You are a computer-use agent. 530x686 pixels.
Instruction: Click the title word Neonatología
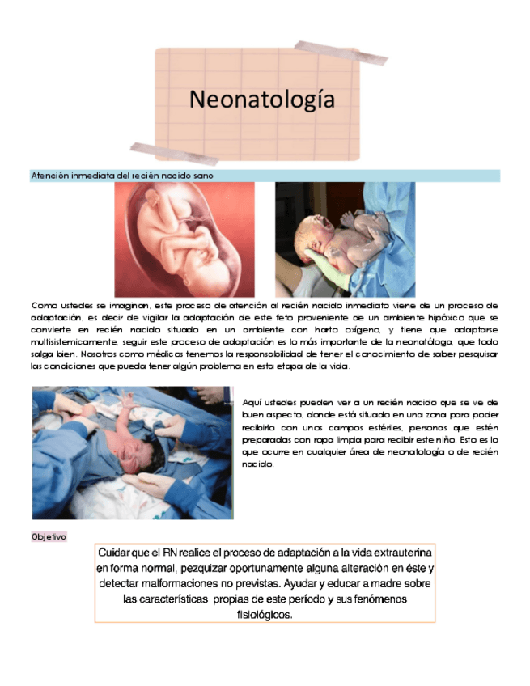(261, 100)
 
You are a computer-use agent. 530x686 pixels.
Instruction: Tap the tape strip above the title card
(341, 50)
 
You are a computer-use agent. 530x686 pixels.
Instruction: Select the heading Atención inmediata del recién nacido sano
(122, 176)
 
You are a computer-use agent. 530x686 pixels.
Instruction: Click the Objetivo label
(49, 537)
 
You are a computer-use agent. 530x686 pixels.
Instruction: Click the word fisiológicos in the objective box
(264, 615)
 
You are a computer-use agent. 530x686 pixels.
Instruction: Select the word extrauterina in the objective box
(391, 553)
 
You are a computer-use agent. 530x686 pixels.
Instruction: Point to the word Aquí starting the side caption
(251, 402)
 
